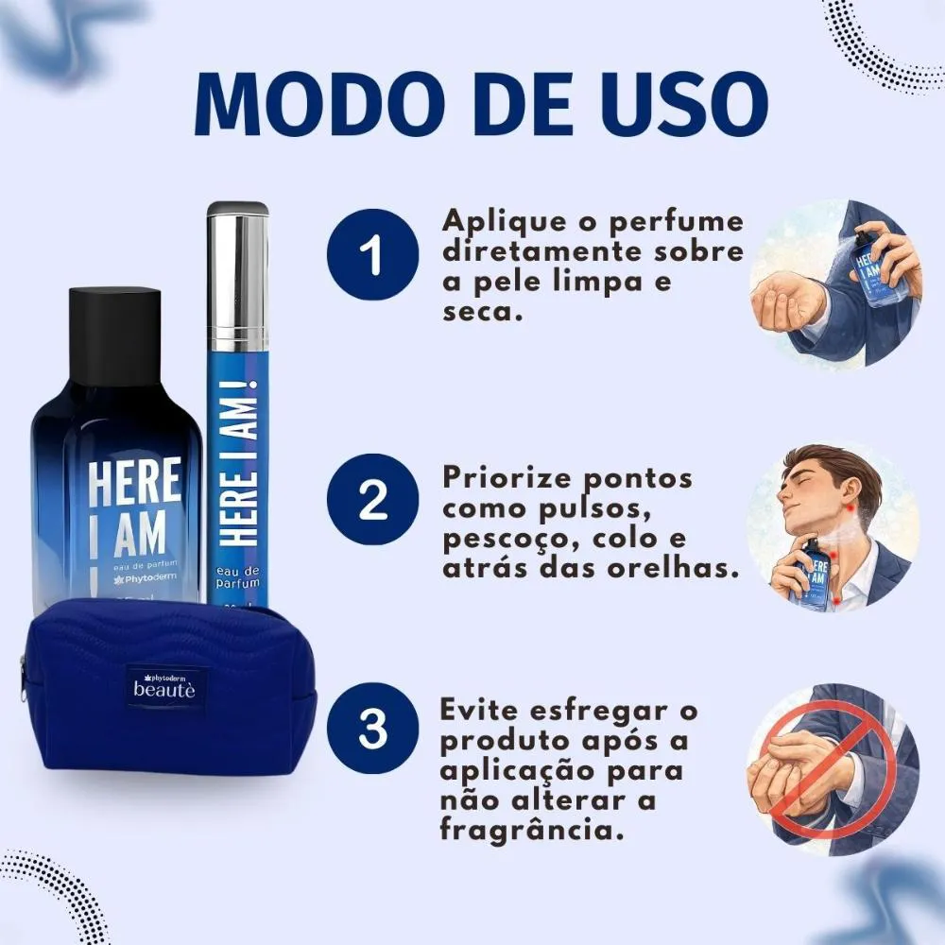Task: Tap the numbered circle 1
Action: (372, 254)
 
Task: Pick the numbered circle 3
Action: (372, 728)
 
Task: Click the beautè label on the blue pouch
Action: (164, 688)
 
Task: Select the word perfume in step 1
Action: (677, 223)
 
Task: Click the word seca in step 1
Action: (481, 312)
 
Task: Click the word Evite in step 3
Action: (480, 710)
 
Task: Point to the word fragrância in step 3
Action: (531, 831)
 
